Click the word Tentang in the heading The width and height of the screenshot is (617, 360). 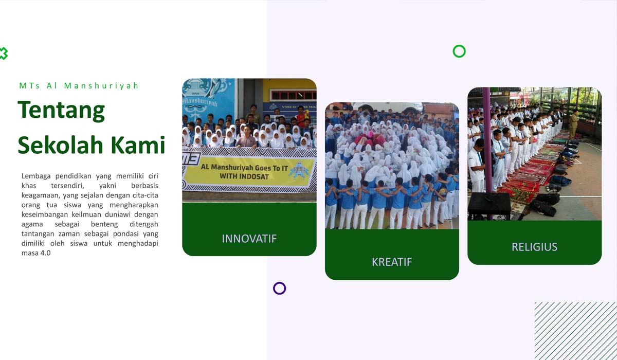click(x=61, y=111)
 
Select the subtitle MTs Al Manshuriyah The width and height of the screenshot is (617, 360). click(x=79, y=86)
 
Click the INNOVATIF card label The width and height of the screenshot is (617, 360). click(x=249, y=239)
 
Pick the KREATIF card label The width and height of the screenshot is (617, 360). click(x=392, y=262)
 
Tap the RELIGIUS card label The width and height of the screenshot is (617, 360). click(x=534, y=247)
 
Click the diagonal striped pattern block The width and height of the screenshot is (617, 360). click(x=576, y=331)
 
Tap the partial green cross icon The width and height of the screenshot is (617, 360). click(x=5, y=53)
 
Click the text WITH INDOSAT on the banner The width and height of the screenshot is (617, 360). click(x=244, y=176)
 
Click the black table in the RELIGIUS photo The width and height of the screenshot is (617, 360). click(x=489, y=205)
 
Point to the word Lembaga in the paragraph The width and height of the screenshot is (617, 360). click(x=36, y=176)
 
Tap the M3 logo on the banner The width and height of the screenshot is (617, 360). click(x=191, y=159)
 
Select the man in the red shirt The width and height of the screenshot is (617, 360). click(x=302, y=117)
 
